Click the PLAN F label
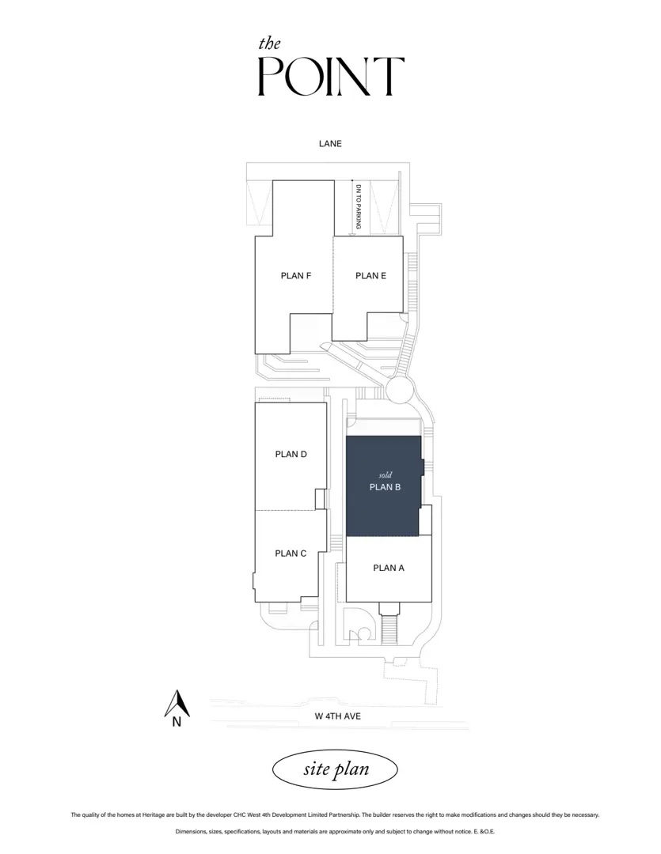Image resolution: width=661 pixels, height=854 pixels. pos(295,276)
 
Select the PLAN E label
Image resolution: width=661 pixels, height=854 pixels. pos(370,276)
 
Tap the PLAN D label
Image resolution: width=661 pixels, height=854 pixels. pos(291,454)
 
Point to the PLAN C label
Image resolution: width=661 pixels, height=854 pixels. pos(291,554)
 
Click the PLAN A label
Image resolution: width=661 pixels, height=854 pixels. pos(389,568)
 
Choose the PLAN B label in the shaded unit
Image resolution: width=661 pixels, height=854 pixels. pos(385,487)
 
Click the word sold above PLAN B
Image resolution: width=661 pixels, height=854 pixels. pos(386,475)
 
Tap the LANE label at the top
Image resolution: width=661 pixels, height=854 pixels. pos(331,144)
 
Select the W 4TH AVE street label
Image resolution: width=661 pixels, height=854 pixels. pos(337,716)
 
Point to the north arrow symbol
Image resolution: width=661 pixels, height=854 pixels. pos(177,703)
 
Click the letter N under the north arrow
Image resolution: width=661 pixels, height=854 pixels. pos(177,723)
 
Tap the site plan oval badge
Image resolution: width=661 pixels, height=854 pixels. pos(335,769)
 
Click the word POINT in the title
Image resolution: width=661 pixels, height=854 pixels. pos(331,76)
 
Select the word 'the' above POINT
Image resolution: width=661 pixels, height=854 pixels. pos(269,43)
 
